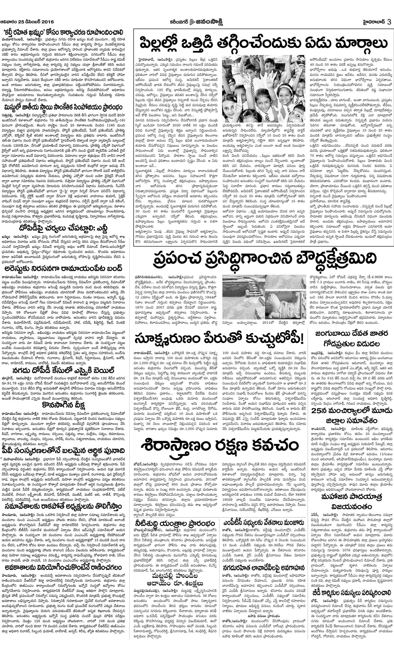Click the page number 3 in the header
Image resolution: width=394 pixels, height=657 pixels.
click(389, 22)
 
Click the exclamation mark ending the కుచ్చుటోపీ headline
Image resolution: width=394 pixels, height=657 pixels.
click(302, 339)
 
